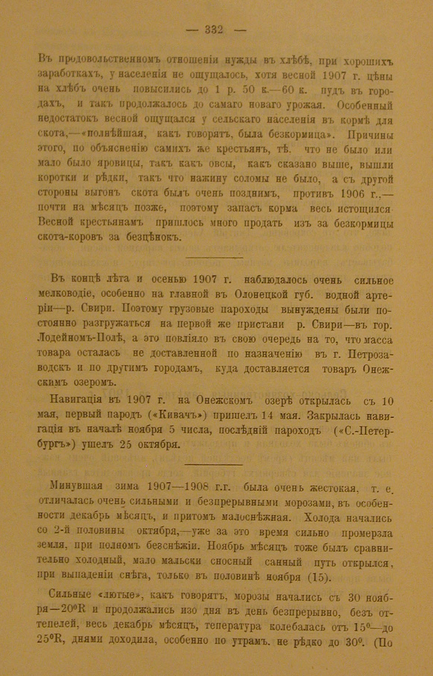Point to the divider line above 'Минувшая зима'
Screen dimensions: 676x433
click(x=214, y=464)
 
